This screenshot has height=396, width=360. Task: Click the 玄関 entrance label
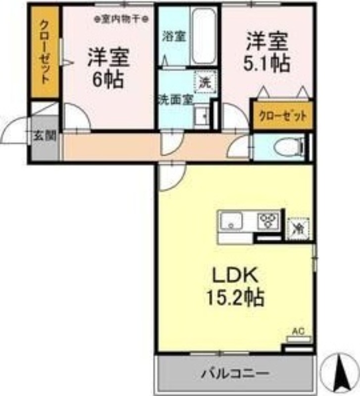click(44, 135)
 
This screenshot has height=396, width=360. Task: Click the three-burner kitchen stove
click(269, 219)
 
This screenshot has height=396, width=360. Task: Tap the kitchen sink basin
click(231, 220)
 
